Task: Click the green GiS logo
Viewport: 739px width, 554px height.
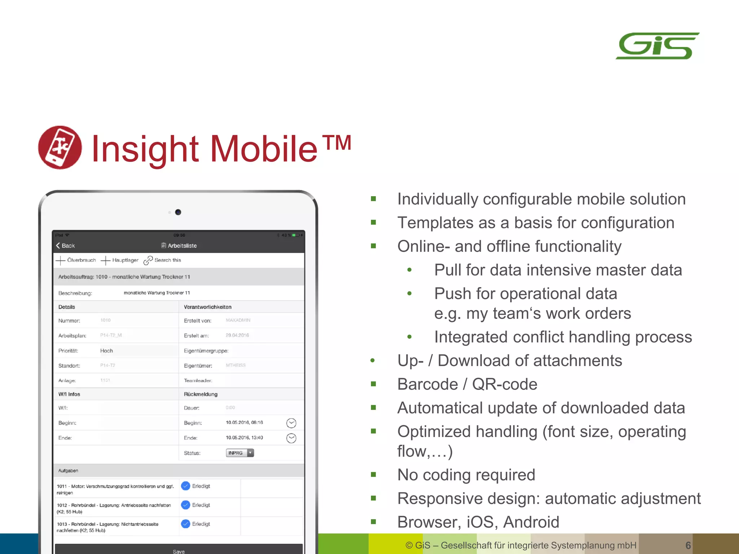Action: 657,46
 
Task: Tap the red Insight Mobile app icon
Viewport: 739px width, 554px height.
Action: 60,148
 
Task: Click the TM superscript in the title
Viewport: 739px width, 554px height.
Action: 337,143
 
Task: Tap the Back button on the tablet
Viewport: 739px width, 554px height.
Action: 65,246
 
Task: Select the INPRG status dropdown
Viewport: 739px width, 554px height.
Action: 240,453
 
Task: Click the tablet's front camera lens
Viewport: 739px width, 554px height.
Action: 178,212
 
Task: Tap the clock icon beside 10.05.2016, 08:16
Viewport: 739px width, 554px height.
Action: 291,423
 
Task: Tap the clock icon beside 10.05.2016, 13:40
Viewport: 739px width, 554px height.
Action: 291,438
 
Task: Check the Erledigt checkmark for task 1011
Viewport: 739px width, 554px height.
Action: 185,486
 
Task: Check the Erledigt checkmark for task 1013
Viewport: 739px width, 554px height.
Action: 185,524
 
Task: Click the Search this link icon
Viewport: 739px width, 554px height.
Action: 148,260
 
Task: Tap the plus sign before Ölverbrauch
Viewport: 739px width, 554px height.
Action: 61,260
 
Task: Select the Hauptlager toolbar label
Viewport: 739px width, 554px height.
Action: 125,260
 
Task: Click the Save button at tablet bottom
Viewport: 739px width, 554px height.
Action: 179,550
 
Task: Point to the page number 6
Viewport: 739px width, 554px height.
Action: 688,545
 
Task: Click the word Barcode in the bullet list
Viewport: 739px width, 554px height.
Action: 427,384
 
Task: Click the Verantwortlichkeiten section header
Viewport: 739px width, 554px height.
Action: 207,307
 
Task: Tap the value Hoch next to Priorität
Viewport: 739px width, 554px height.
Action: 106,351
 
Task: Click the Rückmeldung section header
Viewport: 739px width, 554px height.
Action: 201,394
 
